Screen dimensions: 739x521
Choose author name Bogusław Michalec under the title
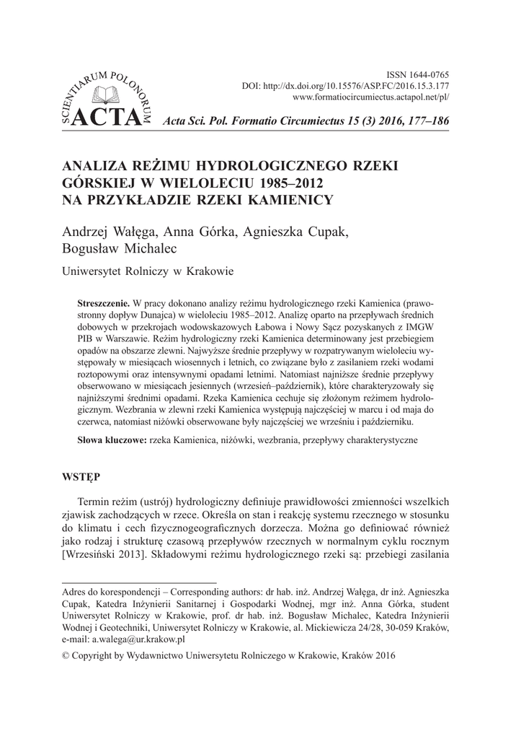click(x=120, y=249)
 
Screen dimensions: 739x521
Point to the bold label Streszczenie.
click(x=103, y=299)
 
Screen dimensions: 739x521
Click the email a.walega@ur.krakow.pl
click(x=135, y=639)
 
